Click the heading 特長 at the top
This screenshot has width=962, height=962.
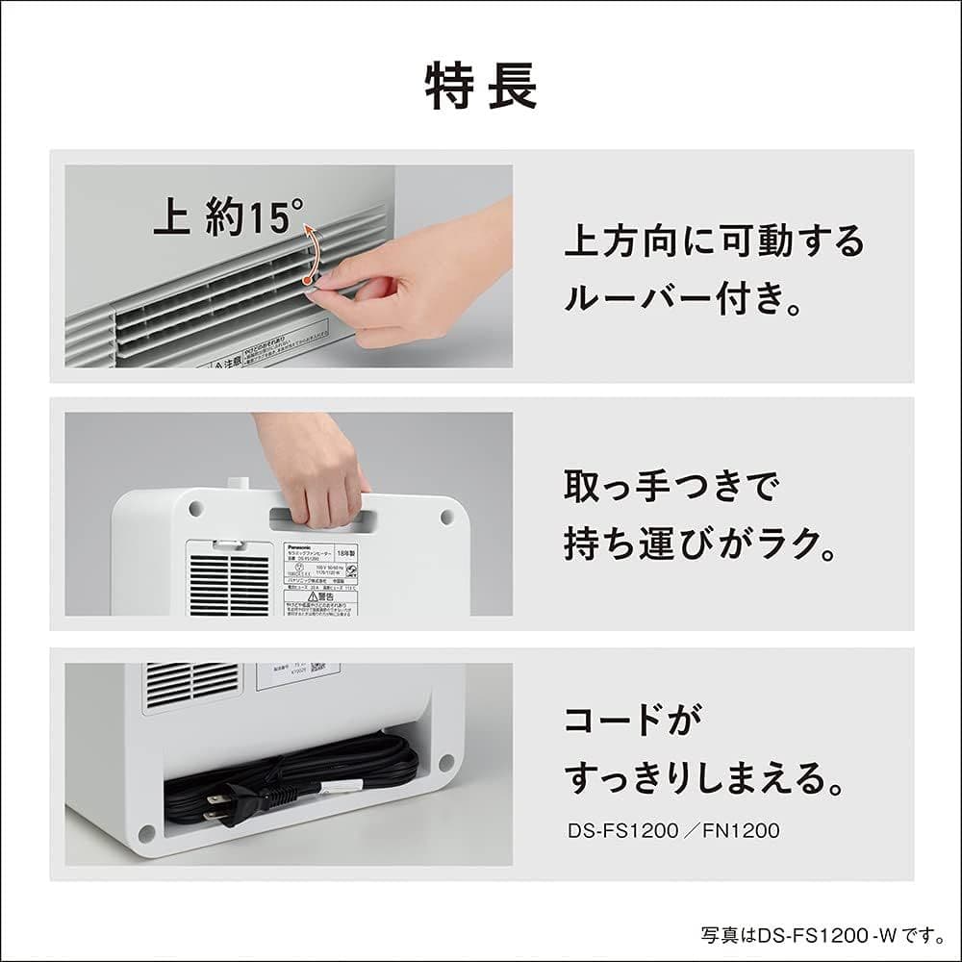click(x=481, y=88)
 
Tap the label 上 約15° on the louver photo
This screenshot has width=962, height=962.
click(x=228, y=217)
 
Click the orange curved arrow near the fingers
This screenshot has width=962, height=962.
click(x=309, y=252)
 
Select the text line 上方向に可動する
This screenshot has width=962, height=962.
click(x=714, y=240)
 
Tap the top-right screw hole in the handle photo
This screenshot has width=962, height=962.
click(x=446, y=517)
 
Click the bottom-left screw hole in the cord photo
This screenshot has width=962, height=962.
click(x=146, y=831)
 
